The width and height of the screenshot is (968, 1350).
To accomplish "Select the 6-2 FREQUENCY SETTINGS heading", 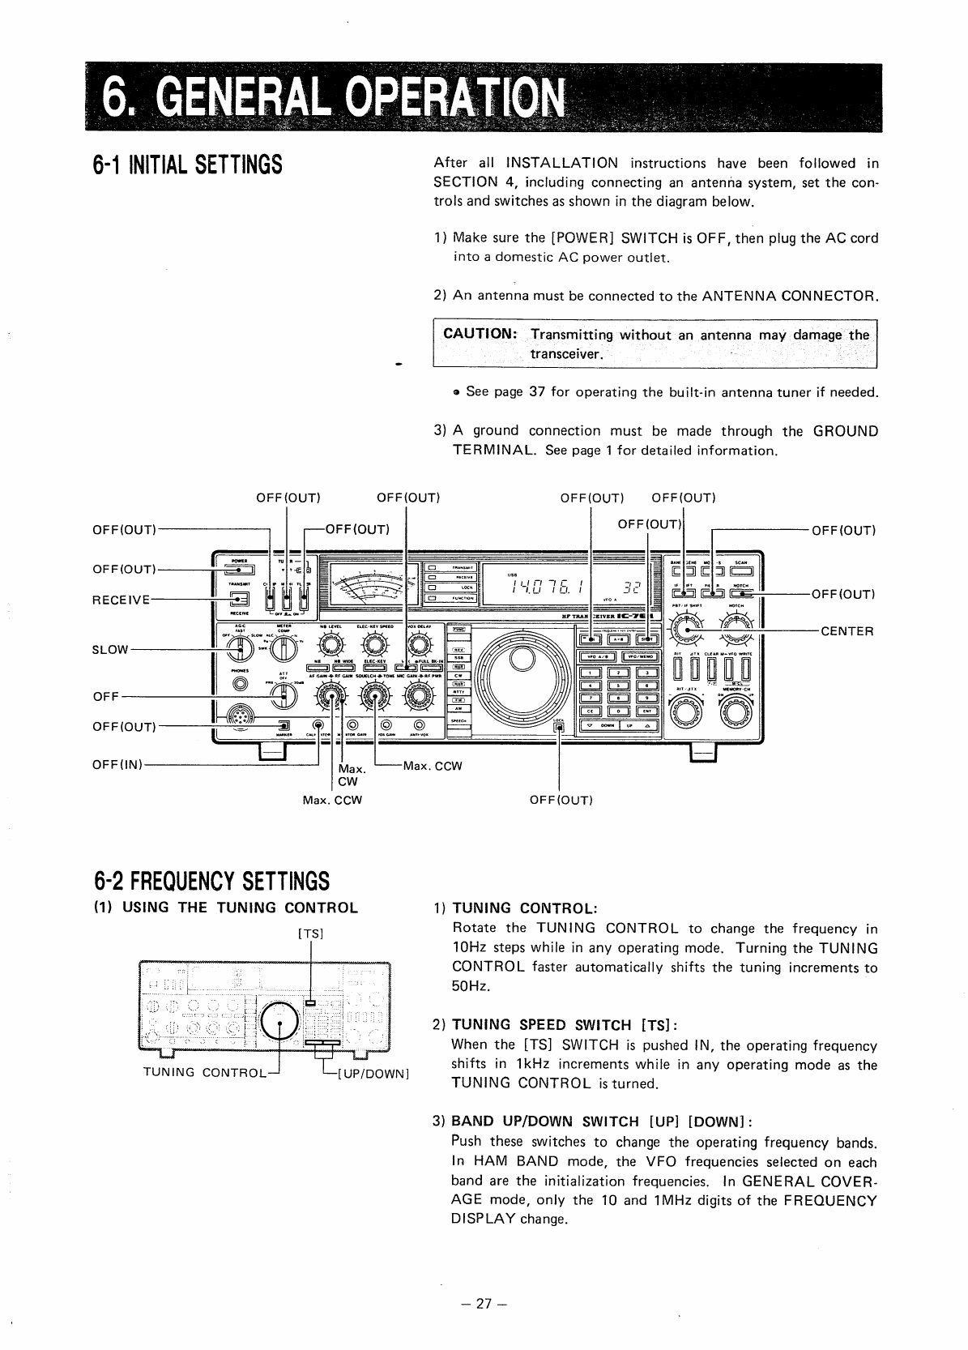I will coord(212,880).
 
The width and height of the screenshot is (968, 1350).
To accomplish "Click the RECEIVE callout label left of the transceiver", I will coord(122,600).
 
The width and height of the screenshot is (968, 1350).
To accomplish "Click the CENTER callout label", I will coord(846,631).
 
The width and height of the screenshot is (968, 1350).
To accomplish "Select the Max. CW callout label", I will coord(351,775).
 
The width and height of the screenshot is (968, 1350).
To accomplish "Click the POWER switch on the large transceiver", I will coord(238,569).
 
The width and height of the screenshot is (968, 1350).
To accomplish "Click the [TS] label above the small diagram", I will coord(311,933).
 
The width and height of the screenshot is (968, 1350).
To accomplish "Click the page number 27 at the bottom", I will coord(484,1304).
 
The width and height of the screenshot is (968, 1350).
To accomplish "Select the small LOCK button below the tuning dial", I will coord(558,727).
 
